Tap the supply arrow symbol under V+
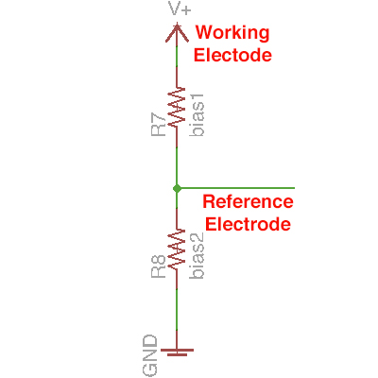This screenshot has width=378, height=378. [177, 33]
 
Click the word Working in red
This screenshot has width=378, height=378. [232, 33]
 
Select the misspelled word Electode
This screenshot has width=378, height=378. [232, 55]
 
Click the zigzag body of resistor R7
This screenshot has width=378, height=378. [177, 109]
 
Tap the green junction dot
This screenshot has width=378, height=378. [177, 189]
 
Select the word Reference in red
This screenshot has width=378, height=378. [249, 202]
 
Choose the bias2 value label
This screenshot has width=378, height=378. [198, 255]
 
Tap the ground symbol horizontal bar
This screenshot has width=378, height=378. [177, 351]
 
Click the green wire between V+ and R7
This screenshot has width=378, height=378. [177, 64]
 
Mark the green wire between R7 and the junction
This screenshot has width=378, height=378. [177, 161]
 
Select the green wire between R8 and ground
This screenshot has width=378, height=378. [177, 312]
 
